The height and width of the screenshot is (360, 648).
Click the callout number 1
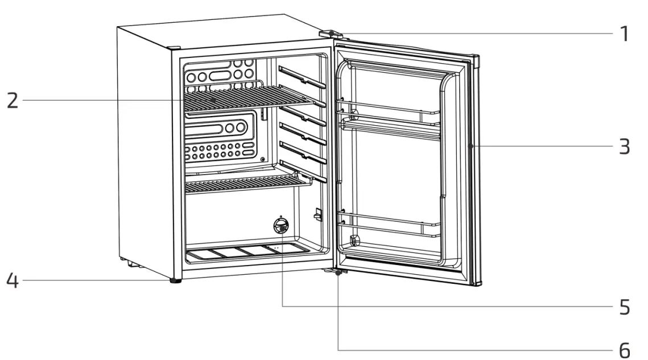[x=624, y=34]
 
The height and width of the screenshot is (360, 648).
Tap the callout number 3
[x=624, y=146]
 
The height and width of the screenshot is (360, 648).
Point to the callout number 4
[x=11, y=281]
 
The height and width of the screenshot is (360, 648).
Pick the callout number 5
[x=624, y=307]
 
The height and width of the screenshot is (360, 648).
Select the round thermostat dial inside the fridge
[x=279, y=226]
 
